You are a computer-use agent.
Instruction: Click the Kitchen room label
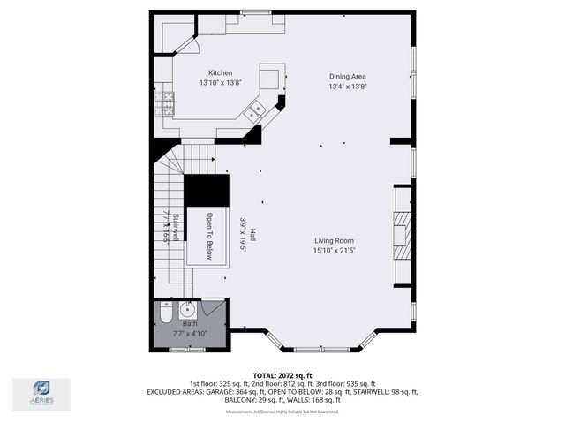click(220, 72)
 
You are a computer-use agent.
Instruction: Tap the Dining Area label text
click(347, 77)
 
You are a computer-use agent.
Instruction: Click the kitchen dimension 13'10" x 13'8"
click(220, 83)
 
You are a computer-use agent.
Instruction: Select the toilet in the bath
click(166, 313)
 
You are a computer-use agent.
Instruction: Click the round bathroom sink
click(186, 309)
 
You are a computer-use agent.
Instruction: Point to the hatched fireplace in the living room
click(403, 234)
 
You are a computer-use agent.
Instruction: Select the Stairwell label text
click(176, 228)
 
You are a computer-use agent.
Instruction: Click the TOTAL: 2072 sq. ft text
click(282, 375)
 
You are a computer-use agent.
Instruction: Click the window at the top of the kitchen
click(256, 12)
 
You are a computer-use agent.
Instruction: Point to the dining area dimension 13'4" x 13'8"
click(347, 87)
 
